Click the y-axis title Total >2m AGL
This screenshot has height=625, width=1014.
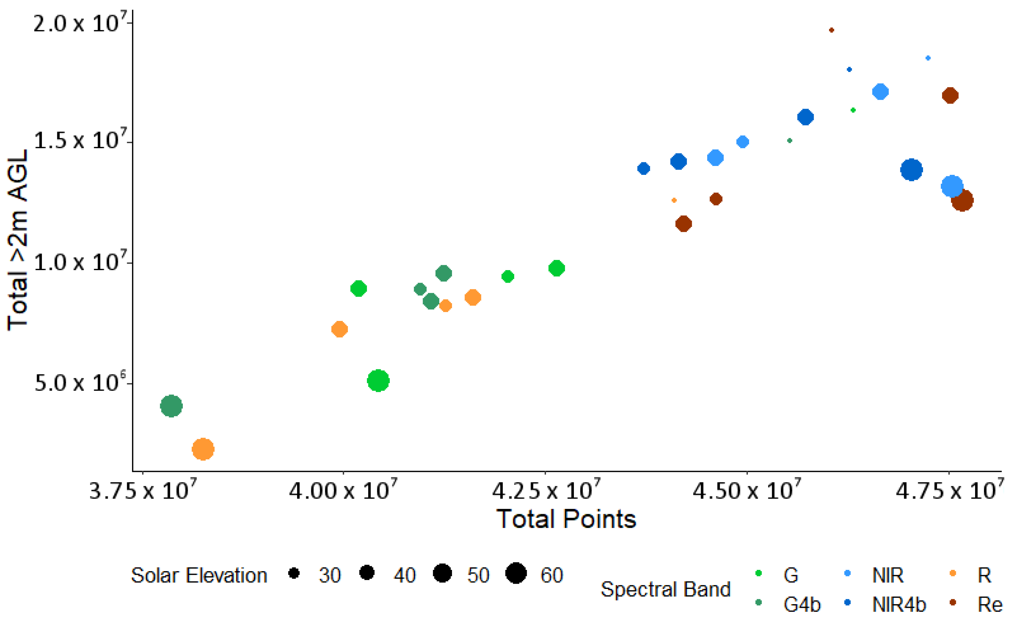click(x=17, y=240)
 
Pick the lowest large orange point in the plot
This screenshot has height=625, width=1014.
click(x=203, y=449)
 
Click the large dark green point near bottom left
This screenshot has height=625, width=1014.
click(x=171, y=406)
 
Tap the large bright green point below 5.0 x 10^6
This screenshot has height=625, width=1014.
click(x=378, y=380)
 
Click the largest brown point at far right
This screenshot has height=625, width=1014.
click(x=962, y=201)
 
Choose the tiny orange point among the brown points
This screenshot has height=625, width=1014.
click(x=674, y=201)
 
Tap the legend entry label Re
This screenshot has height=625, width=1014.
click(x=990, y=605)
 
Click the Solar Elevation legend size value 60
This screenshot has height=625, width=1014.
click(x=552, y=575)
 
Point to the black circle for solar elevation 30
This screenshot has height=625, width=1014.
click(x=294, y=573)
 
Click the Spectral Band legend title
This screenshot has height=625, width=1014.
click(x=665, y=589)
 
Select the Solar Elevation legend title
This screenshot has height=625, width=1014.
click(x=199, y=575)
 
